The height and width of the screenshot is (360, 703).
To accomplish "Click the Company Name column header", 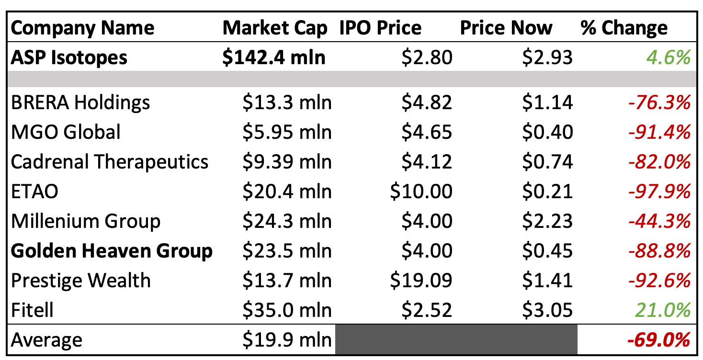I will [82, 28].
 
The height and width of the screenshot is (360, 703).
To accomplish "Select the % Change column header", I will [624, 28].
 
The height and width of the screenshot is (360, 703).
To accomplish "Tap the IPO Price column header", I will [381, 28].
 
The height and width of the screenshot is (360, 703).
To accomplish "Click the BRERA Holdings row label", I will [80, 102].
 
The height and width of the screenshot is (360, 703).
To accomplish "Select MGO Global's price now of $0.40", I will [548, 132].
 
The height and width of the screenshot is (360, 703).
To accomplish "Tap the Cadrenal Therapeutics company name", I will [110, 162].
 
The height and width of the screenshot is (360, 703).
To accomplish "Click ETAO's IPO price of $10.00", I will [421, 191].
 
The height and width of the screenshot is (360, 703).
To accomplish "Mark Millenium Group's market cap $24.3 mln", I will [286, 221].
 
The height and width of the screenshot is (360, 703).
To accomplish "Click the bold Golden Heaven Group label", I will [112, 251].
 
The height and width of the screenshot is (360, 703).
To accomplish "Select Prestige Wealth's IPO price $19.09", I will [421, 281].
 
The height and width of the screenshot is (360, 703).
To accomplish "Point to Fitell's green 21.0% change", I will [663, 310].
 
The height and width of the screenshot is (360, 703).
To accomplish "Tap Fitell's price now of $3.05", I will [548, 310].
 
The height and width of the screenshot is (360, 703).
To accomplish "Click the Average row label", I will [46, 340].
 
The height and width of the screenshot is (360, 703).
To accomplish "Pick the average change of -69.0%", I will [658, 340].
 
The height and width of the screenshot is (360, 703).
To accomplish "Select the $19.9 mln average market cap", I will [286, 340].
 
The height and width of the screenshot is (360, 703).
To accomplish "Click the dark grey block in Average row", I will [456, 340].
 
